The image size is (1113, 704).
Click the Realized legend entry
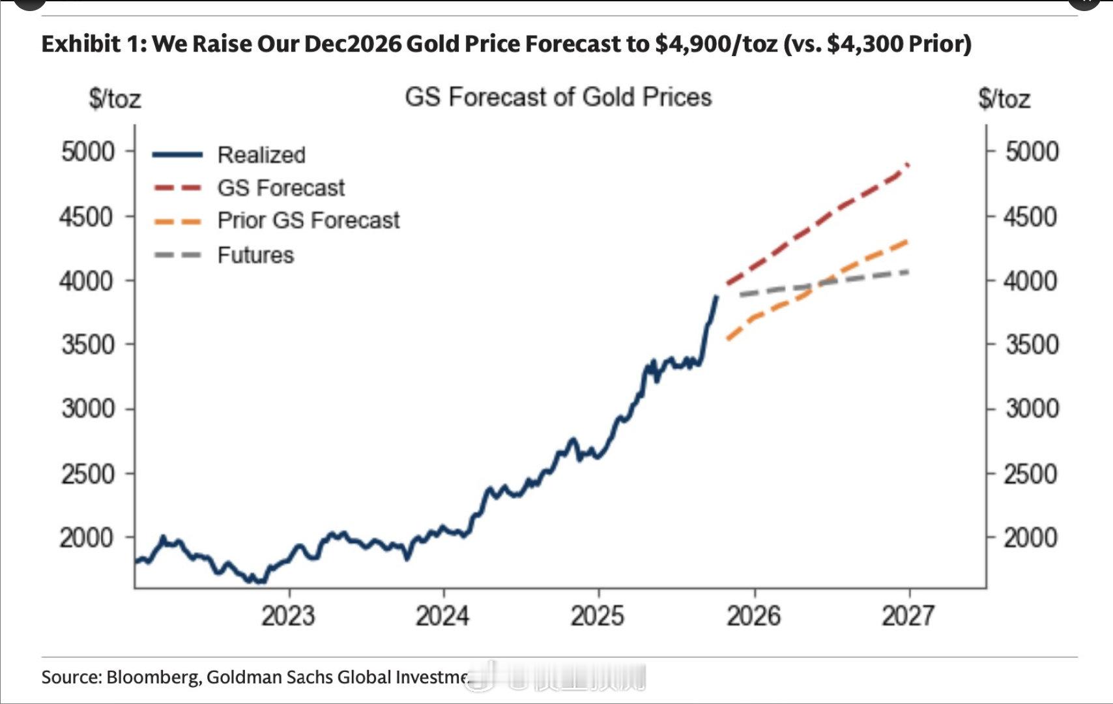[261, 155]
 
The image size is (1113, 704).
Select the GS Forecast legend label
[281, 188]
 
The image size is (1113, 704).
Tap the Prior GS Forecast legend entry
[308, 221]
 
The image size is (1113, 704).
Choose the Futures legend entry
[255, 255]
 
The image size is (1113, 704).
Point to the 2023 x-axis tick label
[288, 616]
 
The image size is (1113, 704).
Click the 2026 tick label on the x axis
[754, 616]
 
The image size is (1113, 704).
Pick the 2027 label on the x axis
[908, 616]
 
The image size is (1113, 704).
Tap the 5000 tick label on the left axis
[88, 152]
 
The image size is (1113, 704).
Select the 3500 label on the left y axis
[88, 345]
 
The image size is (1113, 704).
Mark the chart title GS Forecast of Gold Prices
[558, 97]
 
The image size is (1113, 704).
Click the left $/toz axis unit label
[115, 99]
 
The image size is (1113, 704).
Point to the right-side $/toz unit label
[1004, 99]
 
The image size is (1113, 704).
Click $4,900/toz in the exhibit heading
[716, 44]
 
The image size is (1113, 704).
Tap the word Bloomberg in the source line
[153, 677]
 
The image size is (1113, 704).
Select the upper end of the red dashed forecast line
[908, 164]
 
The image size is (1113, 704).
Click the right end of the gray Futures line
[908, 271]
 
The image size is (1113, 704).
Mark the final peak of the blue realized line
[717, 297]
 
